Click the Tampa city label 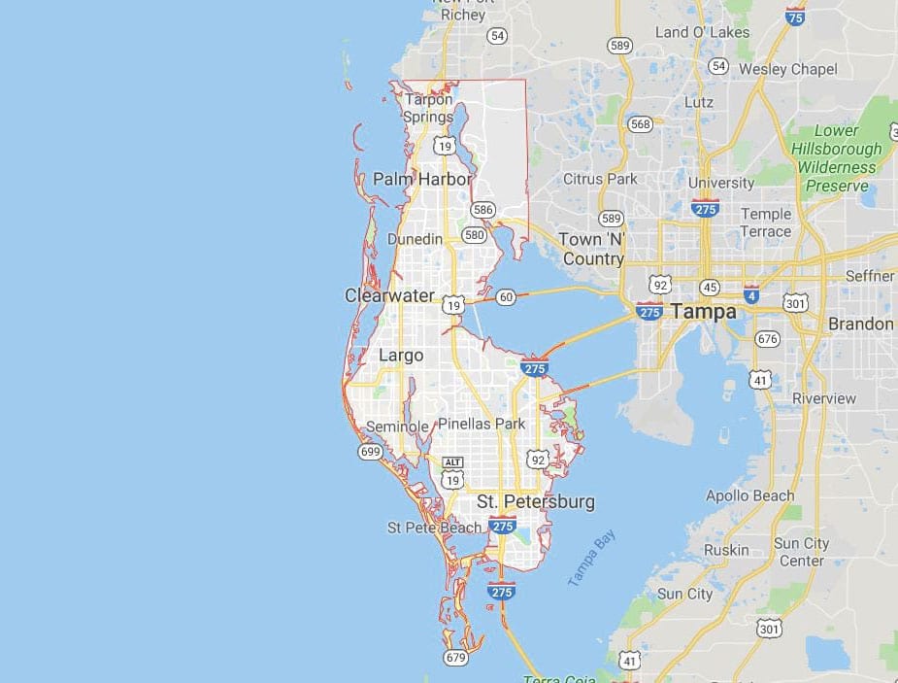click(703, 312)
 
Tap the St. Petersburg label click(535, 502)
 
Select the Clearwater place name click(389, 295)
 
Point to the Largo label click(401, 356)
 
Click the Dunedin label click(415, 239)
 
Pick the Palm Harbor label click(422, 179)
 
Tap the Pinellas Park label click(482, 424)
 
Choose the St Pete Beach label click(434, 528)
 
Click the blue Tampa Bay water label click(591, 558)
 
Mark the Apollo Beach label click(750, 495)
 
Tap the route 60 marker click(505, 297)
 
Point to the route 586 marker click(482, 210)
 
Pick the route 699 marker click(370, 452)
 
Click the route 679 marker click(455, 659)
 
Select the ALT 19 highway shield click(451, 473)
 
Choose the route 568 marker click(641, 123)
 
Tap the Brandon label click(860, 324)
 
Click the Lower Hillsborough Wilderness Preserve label click(836, 157)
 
